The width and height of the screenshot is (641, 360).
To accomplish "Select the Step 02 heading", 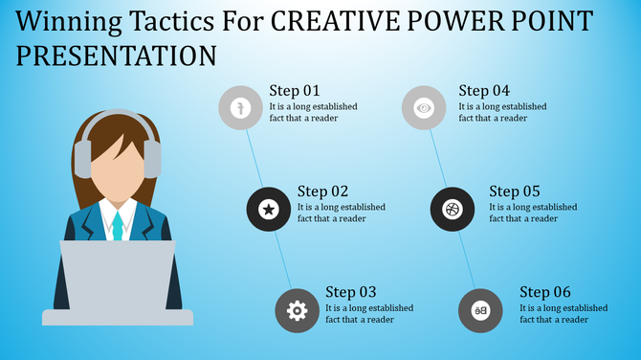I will [323, 191].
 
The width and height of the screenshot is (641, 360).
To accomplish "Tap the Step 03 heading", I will [351, 292].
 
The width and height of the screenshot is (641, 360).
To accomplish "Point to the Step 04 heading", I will [485, 91].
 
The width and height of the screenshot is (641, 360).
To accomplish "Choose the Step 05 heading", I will [515, 191].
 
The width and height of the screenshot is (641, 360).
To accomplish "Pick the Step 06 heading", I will [545, 292].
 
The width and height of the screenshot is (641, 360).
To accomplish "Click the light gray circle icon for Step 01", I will [240, 108].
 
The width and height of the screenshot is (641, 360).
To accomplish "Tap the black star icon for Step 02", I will [269, 209].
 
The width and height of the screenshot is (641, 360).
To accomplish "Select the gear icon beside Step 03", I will [297, 310].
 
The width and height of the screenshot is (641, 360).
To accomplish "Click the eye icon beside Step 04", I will [424, 108].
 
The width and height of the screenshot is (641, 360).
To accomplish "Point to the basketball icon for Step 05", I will [452, 209].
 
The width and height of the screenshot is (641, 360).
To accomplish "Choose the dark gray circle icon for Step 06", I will [480, 310].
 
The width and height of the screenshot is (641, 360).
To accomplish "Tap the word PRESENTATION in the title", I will [116, 55].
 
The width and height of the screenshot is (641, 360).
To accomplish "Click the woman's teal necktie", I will [118, 226].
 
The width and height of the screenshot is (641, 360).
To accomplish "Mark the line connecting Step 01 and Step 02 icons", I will [254, 158].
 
